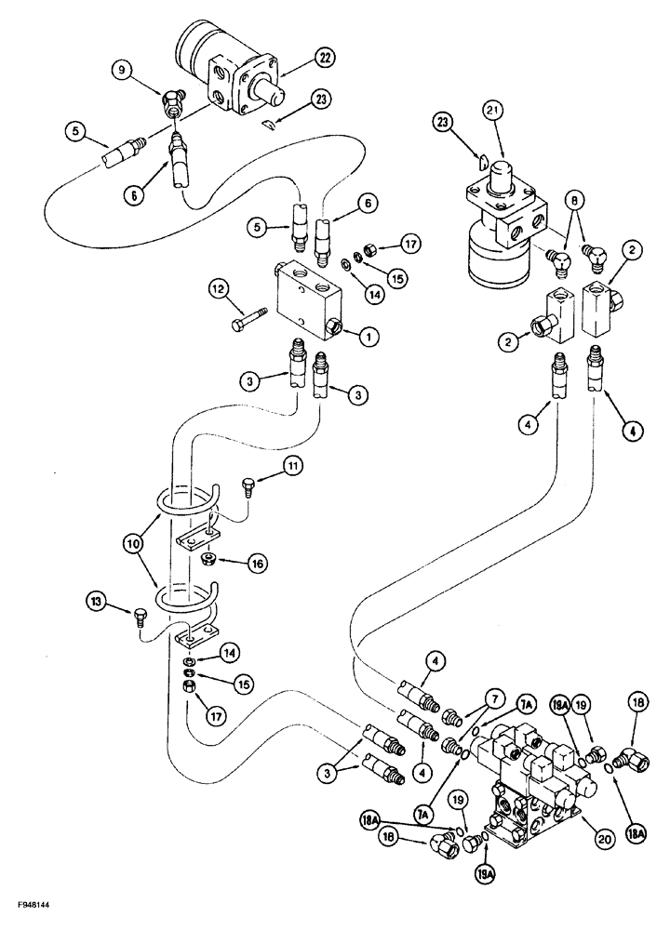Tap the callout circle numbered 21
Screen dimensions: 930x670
click(x=491, y=113)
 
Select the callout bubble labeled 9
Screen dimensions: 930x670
click(x=124, y=69)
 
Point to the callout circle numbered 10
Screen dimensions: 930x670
click(x=131, y=538)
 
